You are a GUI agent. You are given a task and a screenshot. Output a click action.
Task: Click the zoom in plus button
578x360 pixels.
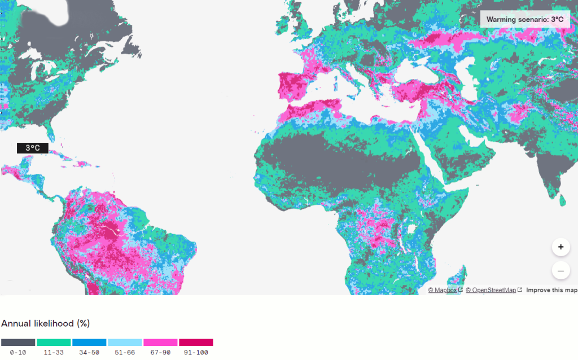tap(561, 247)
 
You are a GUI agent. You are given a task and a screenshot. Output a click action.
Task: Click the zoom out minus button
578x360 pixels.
tap(561, 271)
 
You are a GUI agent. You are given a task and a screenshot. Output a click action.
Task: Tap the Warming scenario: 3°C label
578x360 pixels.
tap(524, 19)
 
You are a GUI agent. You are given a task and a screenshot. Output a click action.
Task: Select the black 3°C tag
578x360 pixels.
tap(33, 148)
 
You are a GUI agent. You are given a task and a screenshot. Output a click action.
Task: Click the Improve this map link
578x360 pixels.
tap(551, 290)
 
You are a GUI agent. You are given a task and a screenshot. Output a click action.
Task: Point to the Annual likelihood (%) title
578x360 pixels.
tap(46, 323)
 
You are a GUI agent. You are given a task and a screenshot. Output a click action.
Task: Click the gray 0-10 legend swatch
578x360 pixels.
tap(18, 343)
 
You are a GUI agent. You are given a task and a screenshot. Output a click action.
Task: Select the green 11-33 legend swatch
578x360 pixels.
tap(54, 343)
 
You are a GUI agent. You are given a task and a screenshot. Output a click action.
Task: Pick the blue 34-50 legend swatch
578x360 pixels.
tap(89, 343)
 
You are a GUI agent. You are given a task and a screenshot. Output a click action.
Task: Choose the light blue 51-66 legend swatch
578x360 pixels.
tap(125, 343)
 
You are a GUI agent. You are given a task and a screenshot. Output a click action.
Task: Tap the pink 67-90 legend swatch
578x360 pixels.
tap(160, 343)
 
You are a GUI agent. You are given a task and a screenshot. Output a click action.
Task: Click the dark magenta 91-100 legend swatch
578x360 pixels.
tap(196, 343)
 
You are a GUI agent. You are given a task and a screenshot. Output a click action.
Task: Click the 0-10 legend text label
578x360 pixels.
tap(18, 353)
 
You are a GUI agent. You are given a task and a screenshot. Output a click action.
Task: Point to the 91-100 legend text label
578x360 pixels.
tap(196, 353)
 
